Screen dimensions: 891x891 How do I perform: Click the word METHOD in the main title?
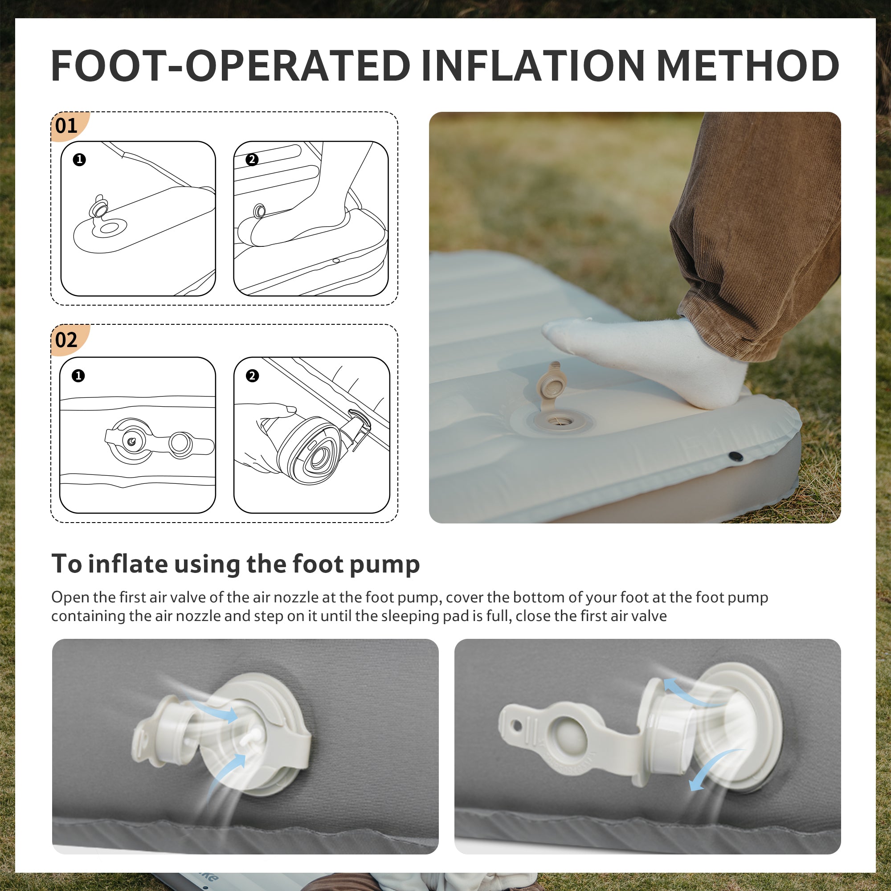(748, 65)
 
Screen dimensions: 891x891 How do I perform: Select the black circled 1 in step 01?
(79, 159)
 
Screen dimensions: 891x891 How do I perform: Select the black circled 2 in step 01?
(252, 159)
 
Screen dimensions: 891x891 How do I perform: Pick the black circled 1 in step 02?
(78, 376)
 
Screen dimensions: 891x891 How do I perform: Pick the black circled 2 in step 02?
(252, 376)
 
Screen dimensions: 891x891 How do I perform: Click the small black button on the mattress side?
(736, 456)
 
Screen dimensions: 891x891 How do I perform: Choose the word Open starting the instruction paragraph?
(70, 598)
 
